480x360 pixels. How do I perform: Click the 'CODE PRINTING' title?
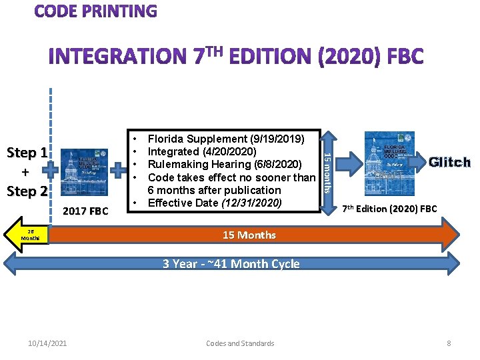96,11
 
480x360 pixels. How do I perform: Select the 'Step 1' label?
27,152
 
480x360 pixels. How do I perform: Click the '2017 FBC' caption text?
85,211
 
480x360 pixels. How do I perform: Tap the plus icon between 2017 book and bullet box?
119,171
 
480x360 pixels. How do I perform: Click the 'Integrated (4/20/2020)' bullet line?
203,152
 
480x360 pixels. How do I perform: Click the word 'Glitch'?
449,162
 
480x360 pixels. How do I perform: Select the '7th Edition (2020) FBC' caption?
390,209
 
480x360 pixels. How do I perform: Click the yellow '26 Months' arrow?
30,235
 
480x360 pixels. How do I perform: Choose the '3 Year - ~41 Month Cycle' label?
231,263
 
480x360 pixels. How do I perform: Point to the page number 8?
449,343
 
